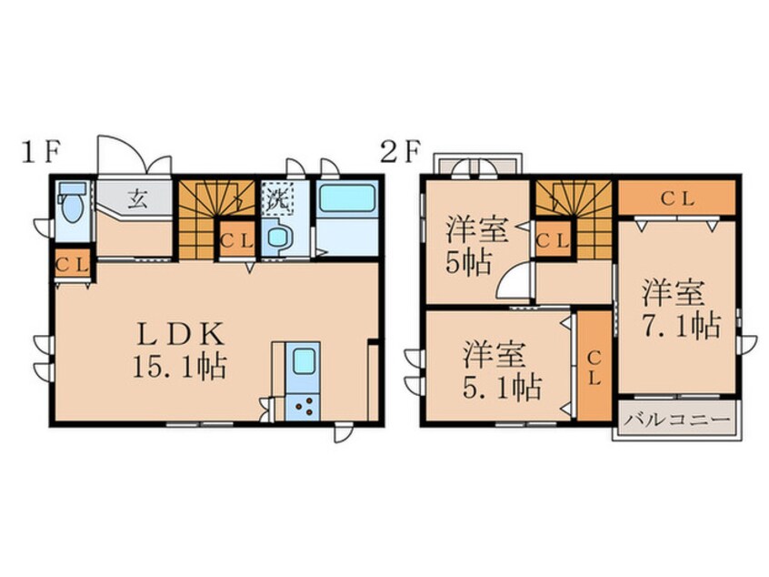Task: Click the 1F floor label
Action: point(40,152)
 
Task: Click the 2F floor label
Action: point(401,152)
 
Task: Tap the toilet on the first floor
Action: point(72,201)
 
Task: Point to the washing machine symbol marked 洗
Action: point(276,198)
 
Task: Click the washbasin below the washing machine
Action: point(278,238)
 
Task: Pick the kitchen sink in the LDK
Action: point(303,362)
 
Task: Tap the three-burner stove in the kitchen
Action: point(303,407)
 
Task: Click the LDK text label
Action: point(180,334)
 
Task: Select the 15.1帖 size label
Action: point(179,367)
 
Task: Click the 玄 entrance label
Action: point(138,199)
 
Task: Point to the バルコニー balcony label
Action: point(678,420)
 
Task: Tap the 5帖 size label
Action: point(468,264)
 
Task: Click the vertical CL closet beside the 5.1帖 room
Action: point(594,366)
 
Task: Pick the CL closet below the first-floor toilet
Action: point(72,265)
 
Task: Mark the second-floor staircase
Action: point(574,219)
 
